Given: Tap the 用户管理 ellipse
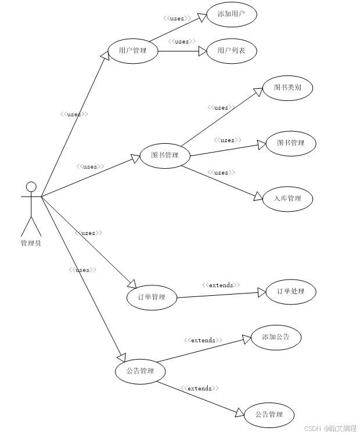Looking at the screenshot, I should pyautogui.click(x=132, y=50).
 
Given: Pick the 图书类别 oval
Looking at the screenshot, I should pyautogui.click(x=287, y=88).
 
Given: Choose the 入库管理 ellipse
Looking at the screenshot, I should pyautogui.click(x=287, y=198).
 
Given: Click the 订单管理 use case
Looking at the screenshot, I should pyautogui.click(x=152, y=298).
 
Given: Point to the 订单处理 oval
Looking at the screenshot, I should pyautogui.click(x=291, y=291).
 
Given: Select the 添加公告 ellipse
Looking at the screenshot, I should pyautogui.click(x=276, y=337).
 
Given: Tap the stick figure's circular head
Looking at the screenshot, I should pyautogui.click(x=31, y=187).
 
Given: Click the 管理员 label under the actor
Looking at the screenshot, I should pyautogui.click(x=31, y=243).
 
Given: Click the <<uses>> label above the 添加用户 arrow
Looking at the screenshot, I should pyautogui.click(x=177, y=19).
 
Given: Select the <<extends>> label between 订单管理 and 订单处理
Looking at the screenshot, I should pyautogui.click(x=221, y=285).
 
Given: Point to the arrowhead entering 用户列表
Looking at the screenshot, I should pyautogui.click(x=203, y=51).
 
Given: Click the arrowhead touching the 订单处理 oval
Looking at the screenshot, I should pyautogui.click(x=262, y=293).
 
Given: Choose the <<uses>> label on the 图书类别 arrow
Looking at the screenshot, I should pyautogui.click(x=221, y=107).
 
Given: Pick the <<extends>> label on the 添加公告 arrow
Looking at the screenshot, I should pyautogui.click(x=203, y=340).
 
